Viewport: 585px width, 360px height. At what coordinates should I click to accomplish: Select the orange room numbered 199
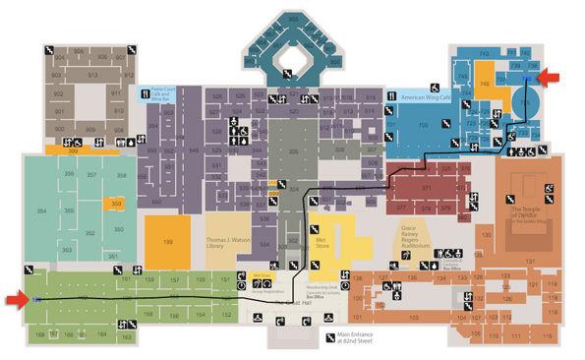click(167, 241)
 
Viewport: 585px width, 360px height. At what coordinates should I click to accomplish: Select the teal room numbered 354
click(41, 211)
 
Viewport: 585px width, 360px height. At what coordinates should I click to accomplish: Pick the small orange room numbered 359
click(117, 204)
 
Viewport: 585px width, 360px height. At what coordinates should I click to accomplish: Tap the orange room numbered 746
click(486, 85)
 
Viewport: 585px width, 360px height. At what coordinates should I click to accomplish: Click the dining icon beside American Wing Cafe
click(393, 95)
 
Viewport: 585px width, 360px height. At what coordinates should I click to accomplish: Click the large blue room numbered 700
click(423, 126)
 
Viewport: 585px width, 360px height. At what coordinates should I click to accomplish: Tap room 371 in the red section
click(426, 186)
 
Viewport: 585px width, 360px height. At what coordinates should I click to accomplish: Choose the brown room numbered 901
click(59, 112)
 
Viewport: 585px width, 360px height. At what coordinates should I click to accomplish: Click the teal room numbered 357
click(92, 175)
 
